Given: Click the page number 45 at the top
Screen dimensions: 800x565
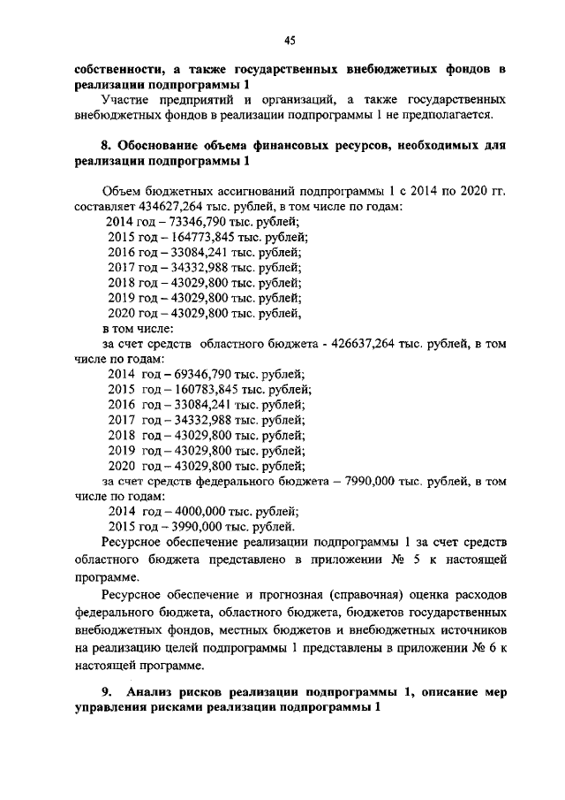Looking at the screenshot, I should [290, 39].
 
